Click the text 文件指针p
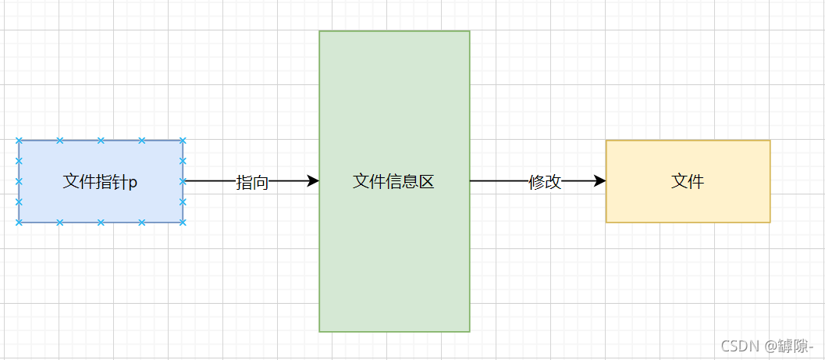click(100, 182)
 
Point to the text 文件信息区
click(393, 182)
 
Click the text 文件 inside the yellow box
click(688, 182)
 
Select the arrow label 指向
click(252, 183)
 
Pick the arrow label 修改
click(545, 183)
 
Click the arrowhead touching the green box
click(313, 181)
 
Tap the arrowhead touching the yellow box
click(599, 181)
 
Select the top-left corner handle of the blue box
click(19, 141)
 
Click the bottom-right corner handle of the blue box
click(183, 223)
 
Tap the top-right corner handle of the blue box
click(183, 141)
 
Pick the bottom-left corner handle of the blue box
click(19, 223)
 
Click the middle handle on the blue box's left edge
click(19, 181)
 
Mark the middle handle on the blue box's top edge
click(101, 141)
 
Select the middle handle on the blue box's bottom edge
click(101, 223)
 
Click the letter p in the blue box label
click(133, 184)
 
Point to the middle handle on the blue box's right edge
click(183, 181)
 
